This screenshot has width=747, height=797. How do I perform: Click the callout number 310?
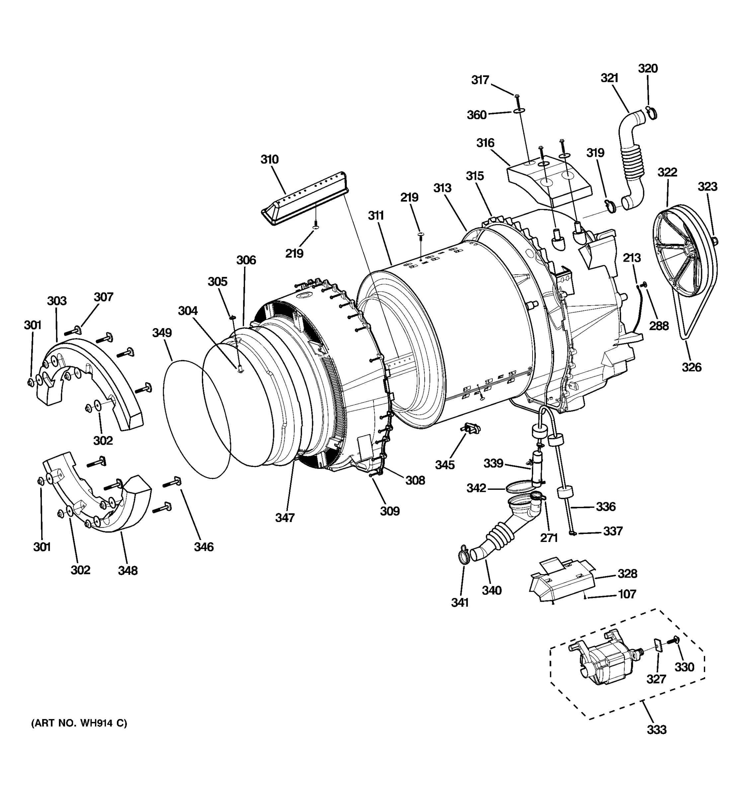pos(269,159)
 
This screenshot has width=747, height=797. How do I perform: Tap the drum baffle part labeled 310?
pos(304,197)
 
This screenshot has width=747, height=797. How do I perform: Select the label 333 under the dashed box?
pos(656,729)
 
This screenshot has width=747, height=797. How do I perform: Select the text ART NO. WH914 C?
pos(79,723)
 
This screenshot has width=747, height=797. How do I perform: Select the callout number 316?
pos(485,143)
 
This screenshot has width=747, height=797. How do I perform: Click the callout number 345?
pos(445,465)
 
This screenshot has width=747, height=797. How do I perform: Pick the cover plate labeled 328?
pos(561,583)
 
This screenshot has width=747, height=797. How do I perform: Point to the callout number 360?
pos(476,115)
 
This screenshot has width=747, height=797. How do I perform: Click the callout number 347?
pos(285,518)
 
